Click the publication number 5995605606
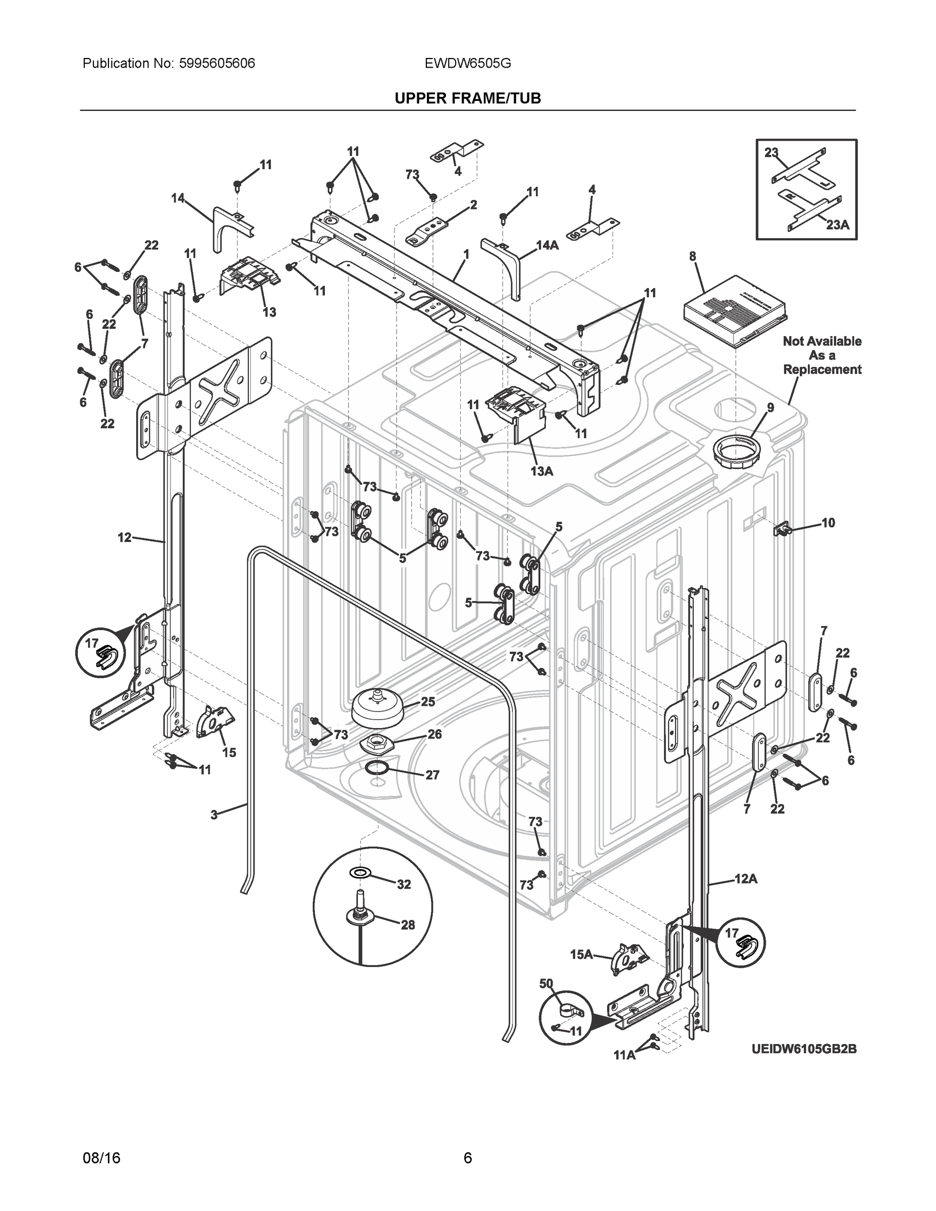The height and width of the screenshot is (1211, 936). coord(217,63)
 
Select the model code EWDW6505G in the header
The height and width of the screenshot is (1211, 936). coord(467,63)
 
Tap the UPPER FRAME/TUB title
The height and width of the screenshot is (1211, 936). coord(467,98)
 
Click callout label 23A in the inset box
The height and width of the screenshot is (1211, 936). coord(837,224)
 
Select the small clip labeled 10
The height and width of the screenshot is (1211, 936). coord(781,529)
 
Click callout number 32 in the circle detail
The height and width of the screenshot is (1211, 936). coord(404,884)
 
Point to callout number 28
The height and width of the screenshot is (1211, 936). coord(408,924)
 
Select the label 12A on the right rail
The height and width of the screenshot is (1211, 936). coord(745,878)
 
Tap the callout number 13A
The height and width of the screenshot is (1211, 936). coord(542,471)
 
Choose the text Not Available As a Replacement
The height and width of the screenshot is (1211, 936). coord(822,355)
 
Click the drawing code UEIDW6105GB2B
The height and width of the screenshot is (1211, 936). coord(804,1049)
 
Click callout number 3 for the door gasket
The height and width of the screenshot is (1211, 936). coord(214,815)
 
